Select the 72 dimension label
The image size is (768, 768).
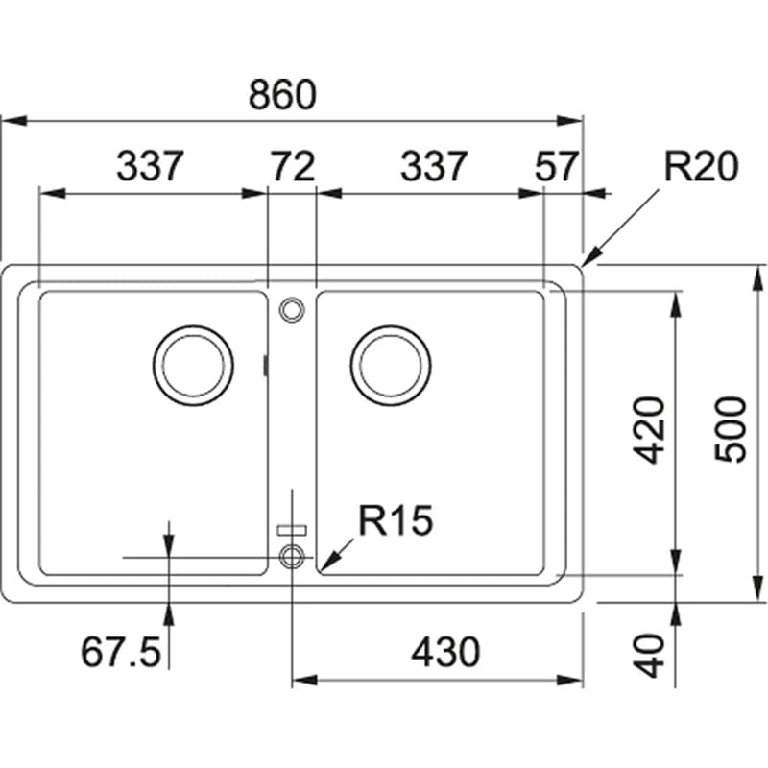pos(291,167)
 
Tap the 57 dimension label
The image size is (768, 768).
pos(556,167)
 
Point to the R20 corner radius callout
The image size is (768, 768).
pos(701,167)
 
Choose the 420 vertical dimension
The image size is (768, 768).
pos(652,429)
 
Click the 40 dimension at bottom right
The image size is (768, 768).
pos(652,655)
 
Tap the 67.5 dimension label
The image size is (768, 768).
pos(120,654)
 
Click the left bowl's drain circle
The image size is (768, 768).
pos(193,366)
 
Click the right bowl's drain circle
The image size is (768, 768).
pos(390,366)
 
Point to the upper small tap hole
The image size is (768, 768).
pos(291,308)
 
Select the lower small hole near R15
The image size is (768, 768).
pos(291,555)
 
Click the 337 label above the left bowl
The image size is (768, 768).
pos(149,167)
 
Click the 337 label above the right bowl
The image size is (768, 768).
pos(433,167)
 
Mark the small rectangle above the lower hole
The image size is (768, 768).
pos(291,528)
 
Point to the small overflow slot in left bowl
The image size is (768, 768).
pos(265,365)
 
